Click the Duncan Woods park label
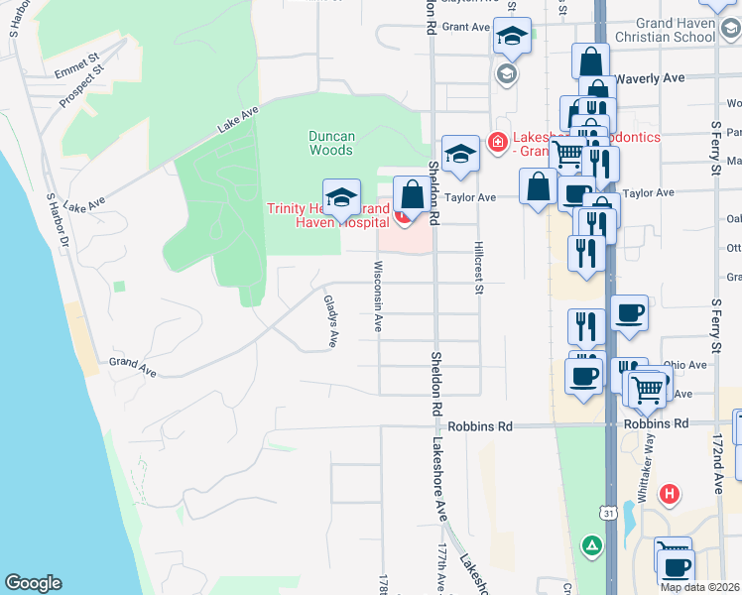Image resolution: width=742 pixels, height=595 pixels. (x=331, y=143)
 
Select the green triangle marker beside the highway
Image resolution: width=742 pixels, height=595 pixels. (x=591, y=545)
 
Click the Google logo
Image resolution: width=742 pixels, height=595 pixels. (x=33, y=583)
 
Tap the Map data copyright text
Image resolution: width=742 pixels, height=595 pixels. (x=698, y=587)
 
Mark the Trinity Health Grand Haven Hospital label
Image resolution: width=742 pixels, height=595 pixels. (x=327, y=215)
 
